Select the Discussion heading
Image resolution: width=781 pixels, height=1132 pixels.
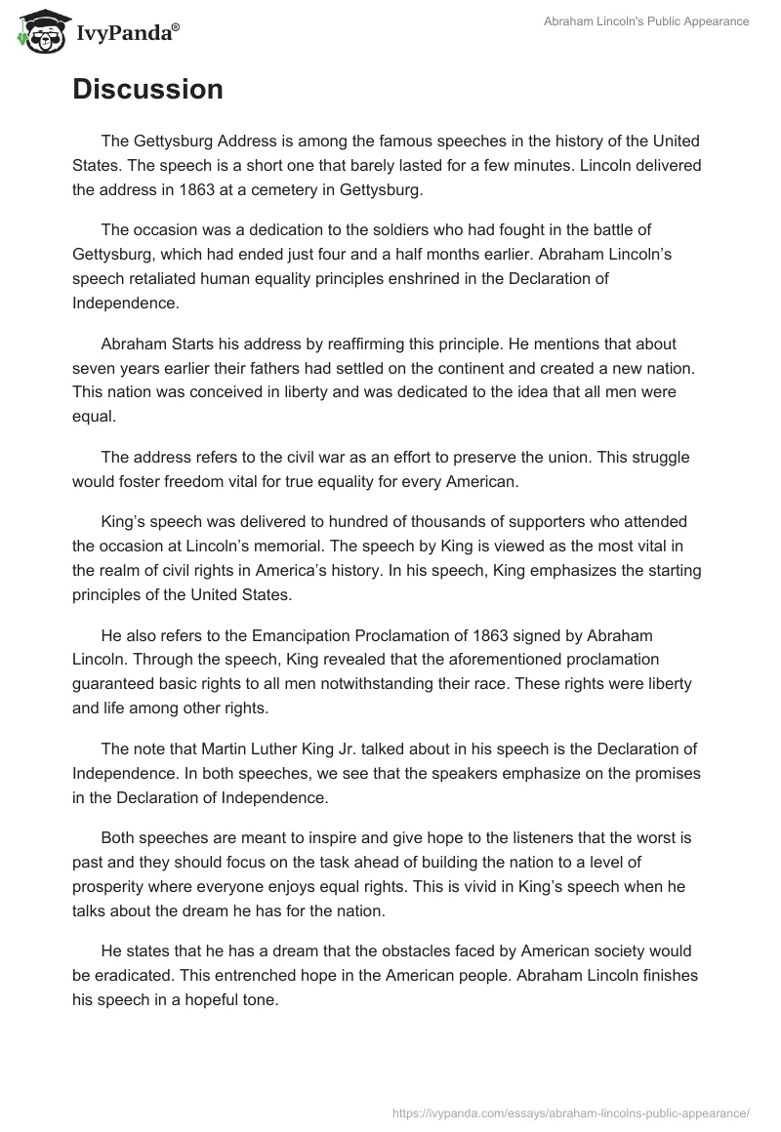[147, 89]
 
